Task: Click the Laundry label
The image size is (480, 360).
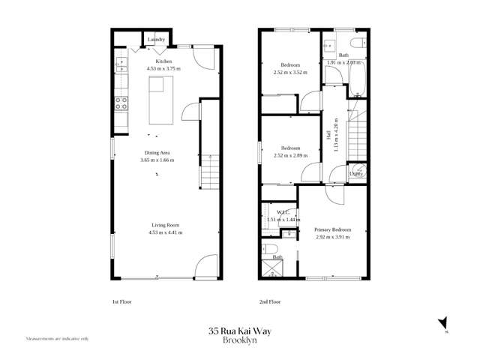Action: (156, 39)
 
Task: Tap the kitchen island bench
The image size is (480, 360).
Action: (164, 103)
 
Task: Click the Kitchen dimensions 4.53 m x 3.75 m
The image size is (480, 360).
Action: (163, 68)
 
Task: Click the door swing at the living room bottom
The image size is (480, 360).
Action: (205, 266)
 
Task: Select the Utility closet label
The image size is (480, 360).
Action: (356, 174)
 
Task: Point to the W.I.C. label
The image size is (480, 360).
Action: (283, 212)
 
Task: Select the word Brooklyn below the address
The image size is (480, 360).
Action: (239, 339)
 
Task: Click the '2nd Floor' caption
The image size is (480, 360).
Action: (269, 302)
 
